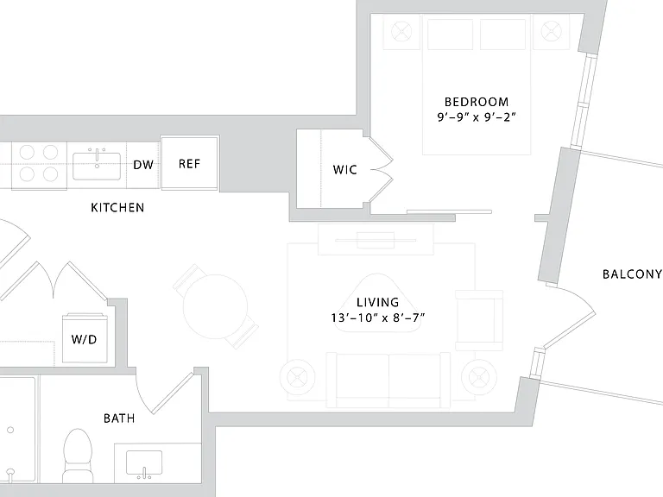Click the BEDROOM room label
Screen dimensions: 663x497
tap(477, 102)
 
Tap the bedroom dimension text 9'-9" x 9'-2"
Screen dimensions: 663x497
tap(477, 116)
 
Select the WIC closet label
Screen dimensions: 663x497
tap(345, 170)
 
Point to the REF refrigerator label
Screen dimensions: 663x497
tap(189, 164)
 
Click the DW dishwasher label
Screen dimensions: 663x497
tap(143, 165)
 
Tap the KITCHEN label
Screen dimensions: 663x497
tap(117, 207)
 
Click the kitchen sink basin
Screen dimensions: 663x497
tap(97, 166)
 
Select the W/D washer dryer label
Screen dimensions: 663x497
tap(84, 339)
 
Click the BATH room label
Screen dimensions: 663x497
tap(119, 418)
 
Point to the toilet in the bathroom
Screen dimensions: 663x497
tap(79, 456)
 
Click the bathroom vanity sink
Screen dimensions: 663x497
tap(144, 463)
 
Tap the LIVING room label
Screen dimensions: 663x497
tap(377, 302)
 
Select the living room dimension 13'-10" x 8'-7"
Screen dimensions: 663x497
tap(377, 318)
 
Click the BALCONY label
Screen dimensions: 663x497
tap(632, 274)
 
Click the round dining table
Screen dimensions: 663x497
tap(215, 306)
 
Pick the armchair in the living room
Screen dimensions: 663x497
tap(479, 320)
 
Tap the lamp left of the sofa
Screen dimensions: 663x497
tap(297, 376)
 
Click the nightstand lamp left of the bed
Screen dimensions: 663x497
tap(401, 31)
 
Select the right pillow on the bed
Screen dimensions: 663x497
tap(502, 34)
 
